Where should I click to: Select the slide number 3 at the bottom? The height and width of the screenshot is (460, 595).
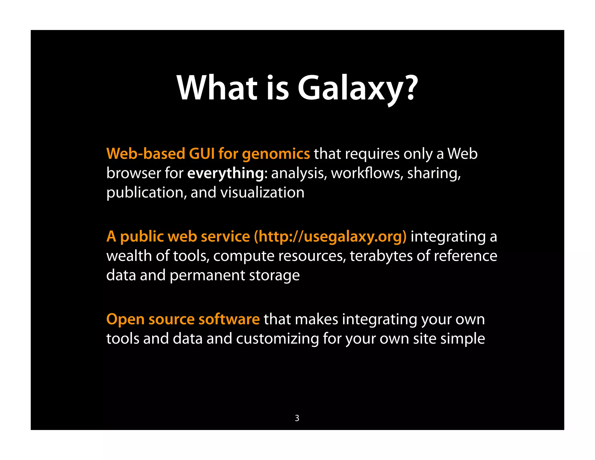[x=297, y=418]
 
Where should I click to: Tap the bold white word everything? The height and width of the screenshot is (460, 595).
[x=225, y=174]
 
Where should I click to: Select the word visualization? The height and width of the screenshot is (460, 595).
[x=262, y=192]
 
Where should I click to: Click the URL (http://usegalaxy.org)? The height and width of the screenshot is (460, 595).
[x=330, y=236]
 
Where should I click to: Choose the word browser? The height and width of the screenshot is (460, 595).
[x=133, y=173]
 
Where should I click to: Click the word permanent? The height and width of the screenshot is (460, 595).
[x=207, y=276]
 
